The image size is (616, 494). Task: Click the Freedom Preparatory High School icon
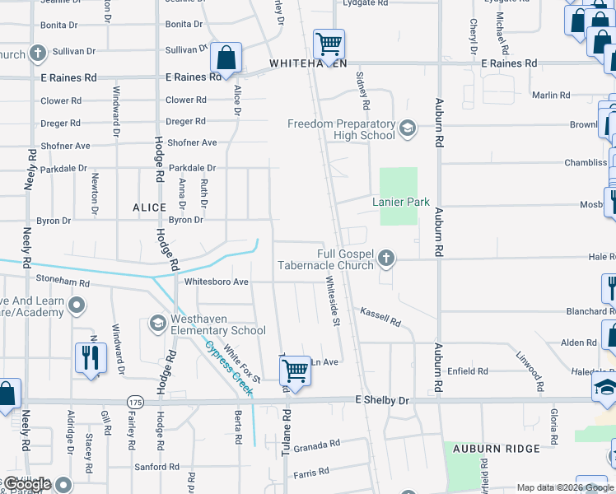click(408, 128)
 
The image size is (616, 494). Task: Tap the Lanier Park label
click(401, 201)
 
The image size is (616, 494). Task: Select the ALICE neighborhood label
click(149, 208)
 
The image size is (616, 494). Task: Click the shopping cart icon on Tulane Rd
click(294, 372)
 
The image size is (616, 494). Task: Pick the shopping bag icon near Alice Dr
click(226, 57)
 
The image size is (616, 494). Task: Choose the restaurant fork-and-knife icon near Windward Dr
click(91, 357)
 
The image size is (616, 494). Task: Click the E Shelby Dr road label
click(381, 400)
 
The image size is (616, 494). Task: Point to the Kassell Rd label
click(380, 316)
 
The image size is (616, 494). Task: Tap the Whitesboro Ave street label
click(216, 282)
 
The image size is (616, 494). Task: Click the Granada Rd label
click(317, 445)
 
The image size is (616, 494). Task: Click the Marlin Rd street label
click(545, 96)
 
